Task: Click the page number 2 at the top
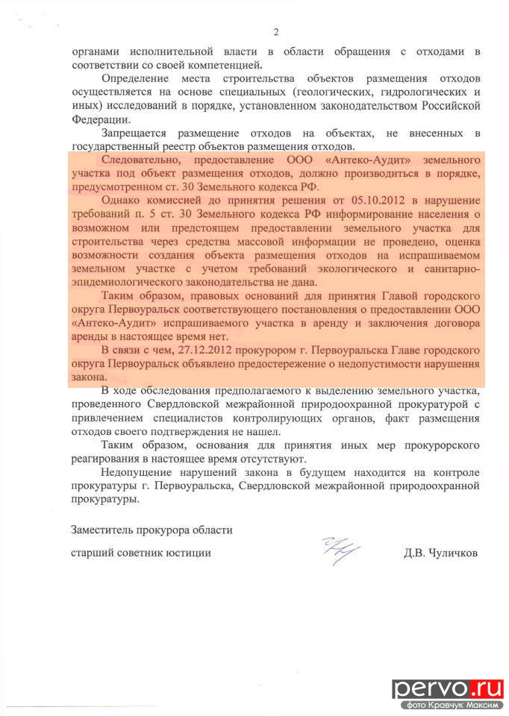coord(275,32)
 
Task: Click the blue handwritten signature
coord(340,552)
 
